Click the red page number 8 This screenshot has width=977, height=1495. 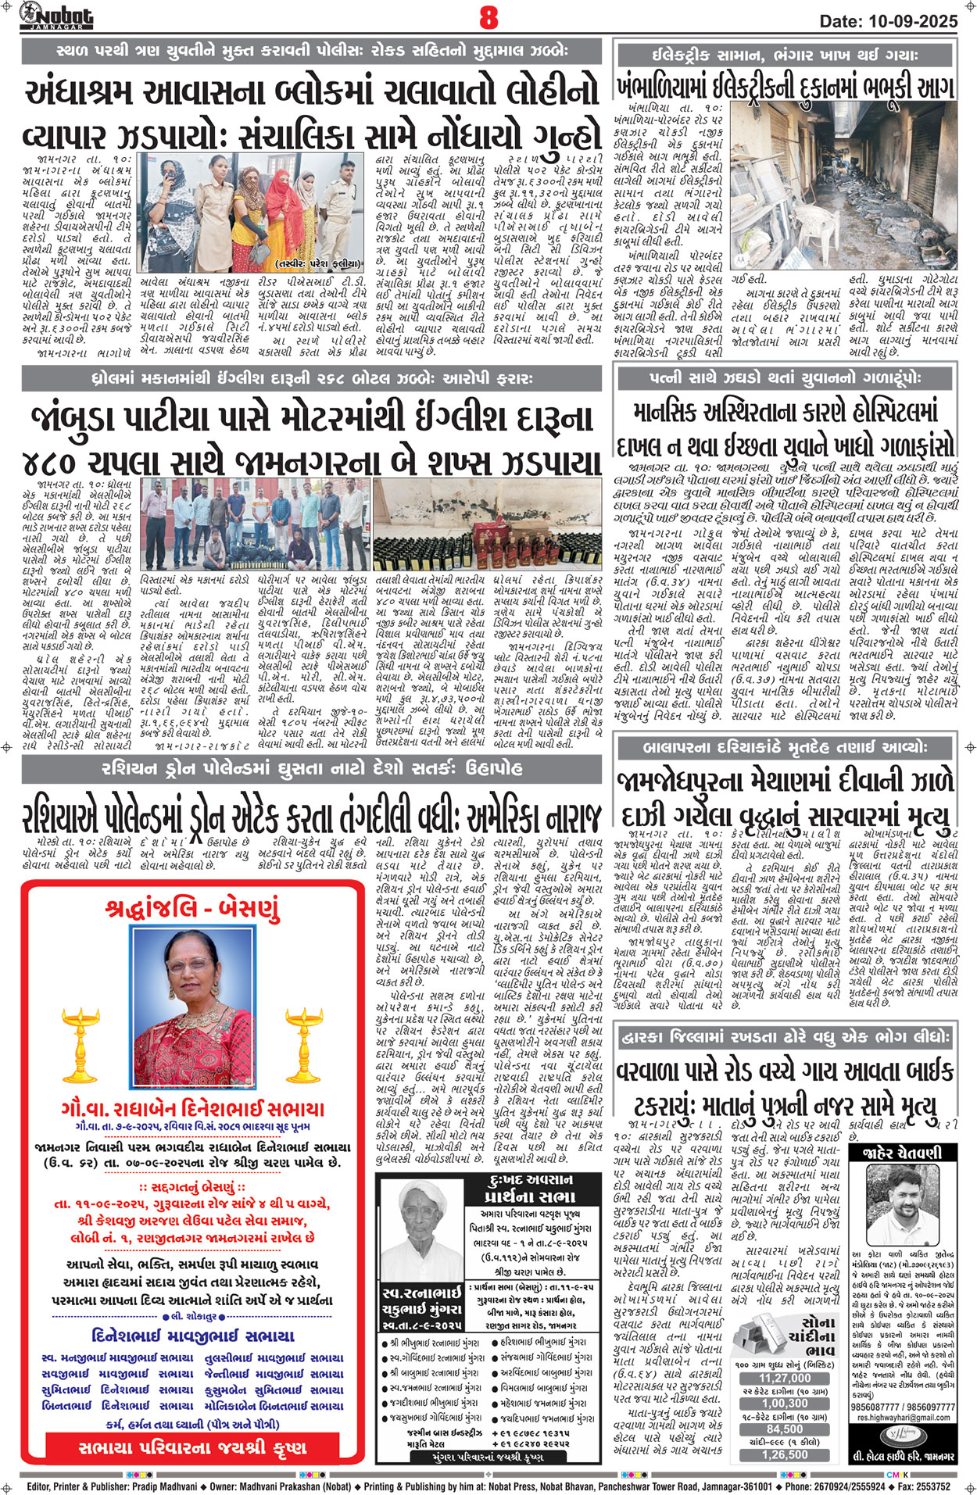488,17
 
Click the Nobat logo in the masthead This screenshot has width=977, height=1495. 56,16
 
